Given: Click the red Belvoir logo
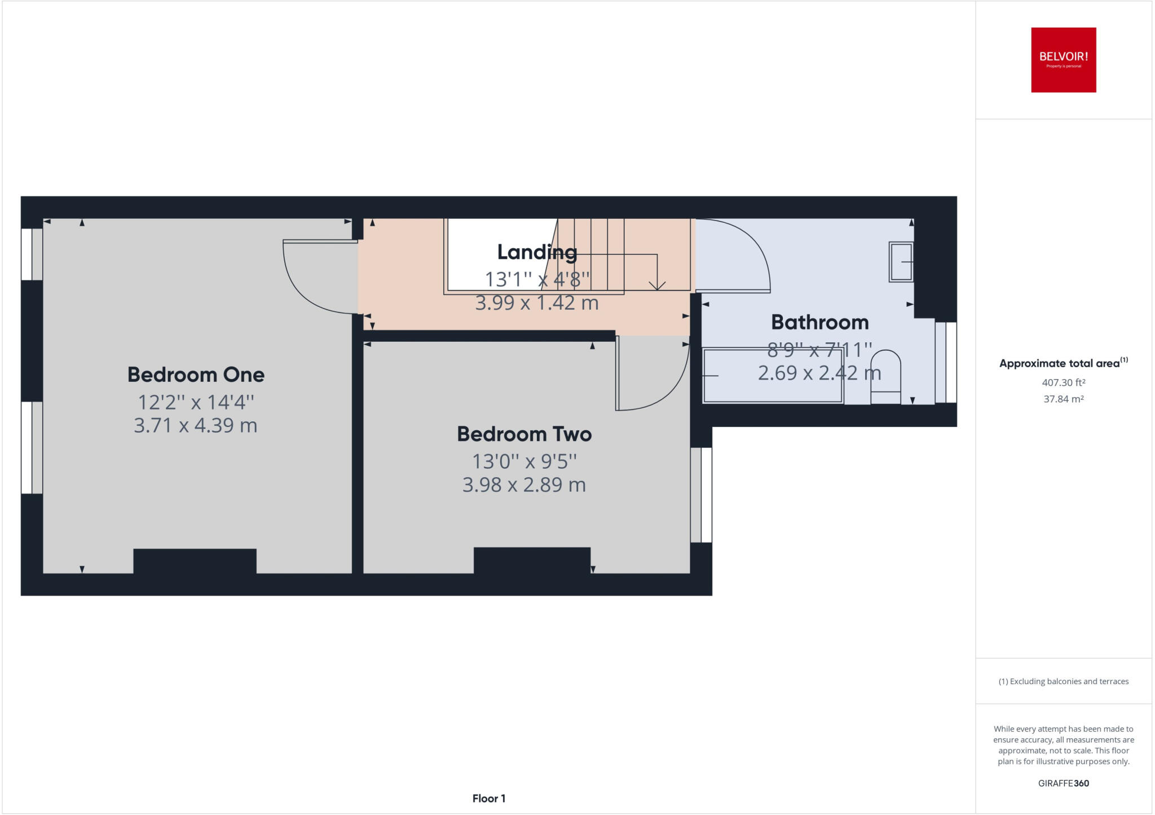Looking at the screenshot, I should (1063, 60).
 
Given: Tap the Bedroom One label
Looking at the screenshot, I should (196, 375).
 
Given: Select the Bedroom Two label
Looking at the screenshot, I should (524, 434).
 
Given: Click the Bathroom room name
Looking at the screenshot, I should (819, 322).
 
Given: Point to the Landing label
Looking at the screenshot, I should (537, 252).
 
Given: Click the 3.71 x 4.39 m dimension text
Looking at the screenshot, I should (196, 425).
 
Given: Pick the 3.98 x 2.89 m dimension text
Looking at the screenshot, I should (524, 484).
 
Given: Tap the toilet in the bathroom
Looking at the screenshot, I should (885, 377).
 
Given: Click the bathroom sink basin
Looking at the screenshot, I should (901, 262).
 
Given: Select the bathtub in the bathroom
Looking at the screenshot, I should (773, 376).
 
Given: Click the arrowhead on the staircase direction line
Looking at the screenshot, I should (657, 285).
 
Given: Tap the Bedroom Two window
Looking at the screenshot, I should (701, 495).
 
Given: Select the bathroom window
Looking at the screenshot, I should (946, 362).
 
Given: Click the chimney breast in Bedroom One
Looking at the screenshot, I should (195, 561).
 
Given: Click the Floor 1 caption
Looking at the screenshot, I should (489, 799).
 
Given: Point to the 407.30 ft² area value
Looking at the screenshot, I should (1063, 382).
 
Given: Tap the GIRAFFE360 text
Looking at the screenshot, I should (1063, 783).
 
